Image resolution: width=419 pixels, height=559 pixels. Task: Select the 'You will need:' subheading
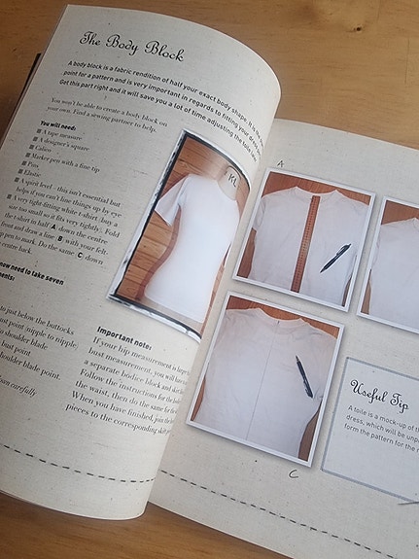(x=60, y=126)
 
